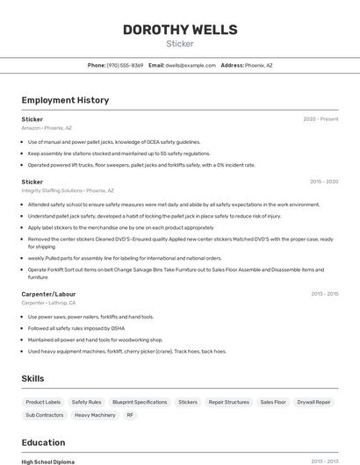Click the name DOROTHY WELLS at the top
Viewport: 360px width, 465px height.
[x=179, y=29]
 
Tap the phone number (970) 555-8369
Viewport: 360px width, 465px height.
[x=125, y=65]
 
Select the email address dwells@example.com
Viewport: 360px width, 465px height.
[x=191, y=65]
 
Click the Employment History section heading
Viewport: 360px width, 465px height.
[x=65, y=100]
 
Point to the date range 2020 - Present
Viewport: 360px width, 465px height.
[x=320, y=119]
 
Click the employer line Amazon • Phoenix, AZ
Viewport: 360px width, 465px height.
[x=47, y=128]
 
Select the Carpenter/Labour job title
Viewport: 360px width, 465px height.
[x=48, y=294]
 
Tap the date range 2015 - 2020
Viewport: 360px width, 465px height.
[x=324, y=182]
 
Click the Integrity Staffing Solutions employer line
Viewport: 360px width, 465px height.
[x=68, y=190]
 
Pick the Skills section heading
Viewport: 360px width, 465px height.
[x=33, y=378]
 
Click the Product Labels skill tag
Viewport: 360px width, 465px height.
[x=43, y=402]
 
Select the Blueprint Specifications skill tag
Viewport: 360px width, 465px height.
[x=140, y=402]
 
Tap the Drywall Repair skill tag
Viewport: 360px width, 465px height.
[x=313, y=402]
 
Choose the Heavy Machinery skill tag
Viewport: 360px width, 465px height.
[x=95, y=415]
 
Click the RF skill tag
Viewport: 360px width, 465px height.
[x=130, y=415]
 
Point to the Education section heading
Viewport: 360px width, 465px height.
[x=43, y=442]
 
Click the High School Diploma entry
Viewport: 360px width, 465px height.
[x=48, y=461]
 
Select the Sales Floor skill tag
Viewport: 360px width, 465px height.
[x=273, y=402]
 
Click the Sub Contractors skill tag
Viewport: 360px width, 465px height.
[x=45, y=415]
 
